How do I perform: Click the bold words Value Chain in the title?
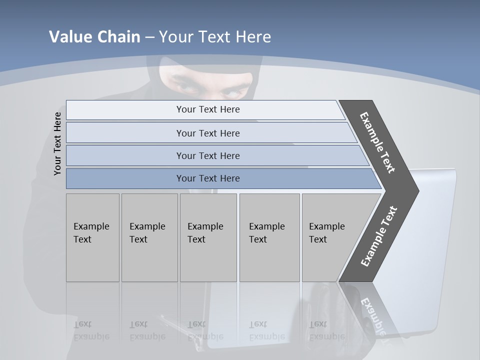94,37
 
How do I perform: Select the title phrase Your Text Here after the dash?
215,37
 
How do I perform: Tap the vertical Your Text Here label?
57,143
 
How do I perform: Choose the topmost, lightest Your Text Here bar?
208,109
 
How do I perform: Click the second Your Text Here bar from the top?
208,133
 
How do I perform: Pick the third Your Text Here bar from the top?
208,155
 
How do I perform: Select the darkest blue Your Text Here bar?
208,178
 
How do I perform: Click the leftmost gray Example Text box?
92,237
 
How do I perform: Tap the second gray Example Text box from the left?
149,237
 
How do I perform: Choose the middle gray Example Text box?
208,237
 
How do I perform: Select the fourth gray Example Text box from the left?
269,237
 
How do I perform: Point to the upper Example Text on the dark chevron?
377,142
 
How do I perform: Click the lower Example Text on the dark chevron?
379,236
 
